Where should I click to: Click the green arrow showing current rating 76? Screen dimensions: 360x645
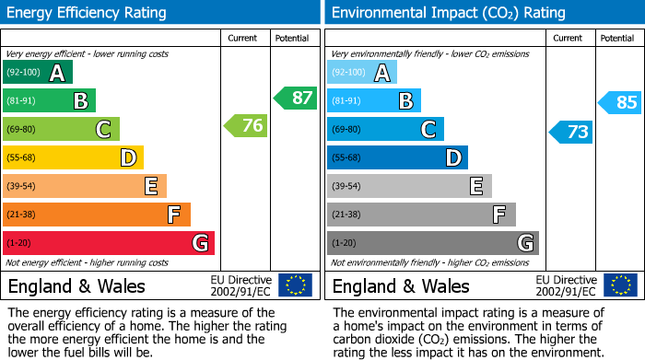246,126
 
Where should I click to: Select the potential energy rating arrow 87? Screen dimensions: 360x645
295,98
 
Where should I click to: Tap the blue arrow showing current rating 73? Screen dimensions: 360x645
570,132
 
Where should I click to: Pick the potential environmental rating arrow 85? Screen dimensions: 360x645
619,102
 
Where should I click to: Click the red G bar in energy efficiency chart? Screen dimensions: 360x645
109,243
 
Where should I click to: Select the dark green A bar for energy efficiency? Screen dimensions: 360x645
38,73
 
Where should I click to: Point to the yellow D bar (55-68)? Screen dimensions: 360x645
74,157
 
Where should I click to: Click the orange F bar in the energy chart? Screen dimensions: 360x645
97,215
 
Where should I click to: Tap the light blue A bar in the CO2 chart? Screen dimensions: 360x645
362,73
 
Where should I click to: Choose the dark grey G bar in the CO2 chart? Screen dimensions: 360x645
432,243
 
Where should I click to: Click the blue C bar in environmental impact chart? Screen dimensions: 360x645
385,130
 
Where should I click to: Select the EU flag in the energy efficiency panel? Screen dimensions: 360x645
295,285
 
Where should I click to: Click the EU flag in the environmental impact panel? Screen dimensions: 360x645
619,285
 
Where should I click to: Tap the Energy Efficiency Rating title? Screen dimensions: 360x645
88,13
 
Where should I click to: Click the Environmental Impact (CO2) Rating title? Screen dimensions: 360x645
448,13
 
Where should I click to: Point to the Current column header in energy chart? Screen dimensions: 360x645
244,38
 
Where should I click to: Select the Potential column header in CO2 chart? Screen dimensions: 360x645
617,38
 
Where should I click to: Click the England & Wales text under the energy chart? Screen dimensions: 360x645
75,285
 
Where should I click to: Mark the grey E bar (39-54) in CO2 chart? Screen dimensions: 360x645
409,186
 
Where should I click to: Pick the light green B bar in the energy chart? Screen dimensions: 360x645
50,101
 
